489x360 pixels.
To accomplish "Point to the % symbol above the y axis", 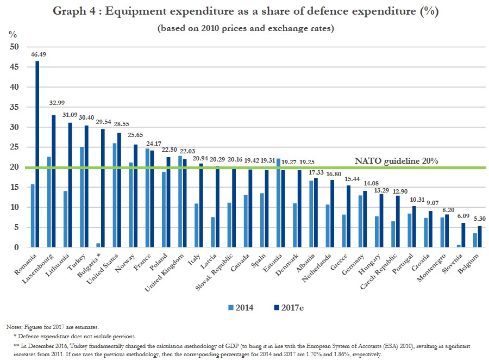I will click(x=12, y=34).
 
